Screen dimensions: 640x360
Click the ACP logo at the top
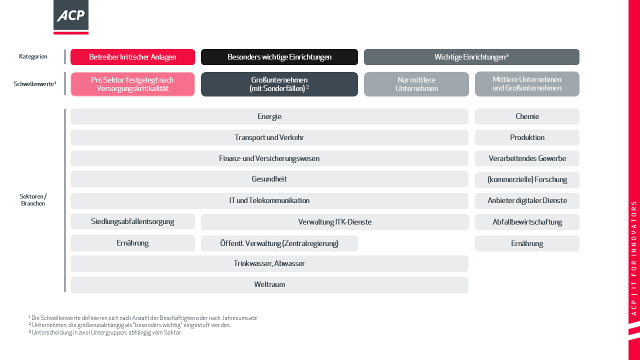[x=71, y=17]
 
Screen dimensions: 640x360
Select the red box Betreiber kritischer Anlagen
[x=132, y=57]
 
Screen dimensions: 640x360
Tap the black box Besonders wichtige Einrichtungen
[x=279, y=57]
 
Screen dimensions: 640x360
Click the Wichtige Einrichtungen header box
[x=471, y=57]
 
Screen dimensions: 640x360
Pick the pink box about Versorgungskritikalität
[x=132, y=84]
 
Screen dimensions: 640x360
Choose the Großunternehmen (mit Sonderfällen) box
[x=279, y=84]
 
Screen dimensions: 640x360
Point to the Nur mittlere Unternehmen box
[x=416, y=84]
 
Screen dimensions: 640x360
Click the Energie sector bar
[x=269, y=116]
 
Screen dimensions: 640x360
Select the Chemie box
[x=527, y=116]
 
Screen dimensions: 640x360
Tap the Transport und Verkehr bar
[x=269, y=137]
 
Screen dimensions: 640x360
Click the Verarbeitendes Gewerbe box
[x=527, y=158]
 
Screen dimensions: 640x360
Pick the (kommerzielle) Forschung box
[x=527, y=179]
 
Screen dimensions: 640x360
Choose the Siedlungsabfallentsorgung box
[x=132, y=221]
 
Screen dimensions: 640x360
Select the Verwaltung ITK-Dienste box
[x=335, y=222]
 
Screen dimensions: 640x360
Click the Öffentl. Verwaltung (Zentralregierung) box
[x=279, y=243]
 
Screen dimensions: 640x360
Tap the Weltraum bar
[x=269, y=285]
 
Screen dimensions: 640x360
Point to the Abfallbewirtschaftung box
[x=527, y=222]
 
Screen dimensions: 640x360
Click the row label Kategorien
[x=33, y=56]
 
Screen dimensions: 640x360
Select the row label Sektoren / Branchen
[x=33, y=199]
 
